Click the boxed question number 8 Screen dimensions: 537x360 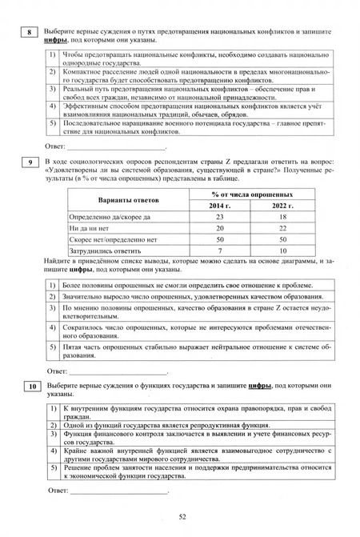coord(29,32)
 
